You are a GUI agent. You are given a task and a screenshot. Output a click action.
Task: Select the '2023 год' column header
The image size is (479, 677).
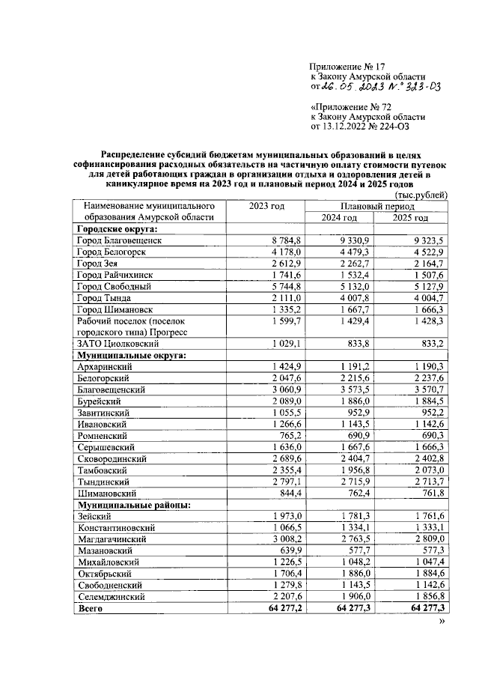pos(267,206)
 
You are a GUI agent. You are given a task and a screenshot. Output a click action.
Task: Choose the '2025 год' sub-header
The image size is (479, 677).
pos(411,218)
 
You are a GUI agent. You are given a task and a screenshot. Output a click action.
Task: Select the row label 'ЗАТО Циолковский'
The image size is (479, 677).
pos(116,343)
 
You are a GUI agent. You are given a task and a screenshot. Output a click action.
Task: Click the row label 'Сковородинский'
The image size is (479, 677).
pos(112,458)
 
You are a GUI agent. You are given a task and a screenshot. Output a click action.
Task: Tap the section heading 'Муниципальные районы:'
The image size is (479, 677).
pos(132,505)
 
